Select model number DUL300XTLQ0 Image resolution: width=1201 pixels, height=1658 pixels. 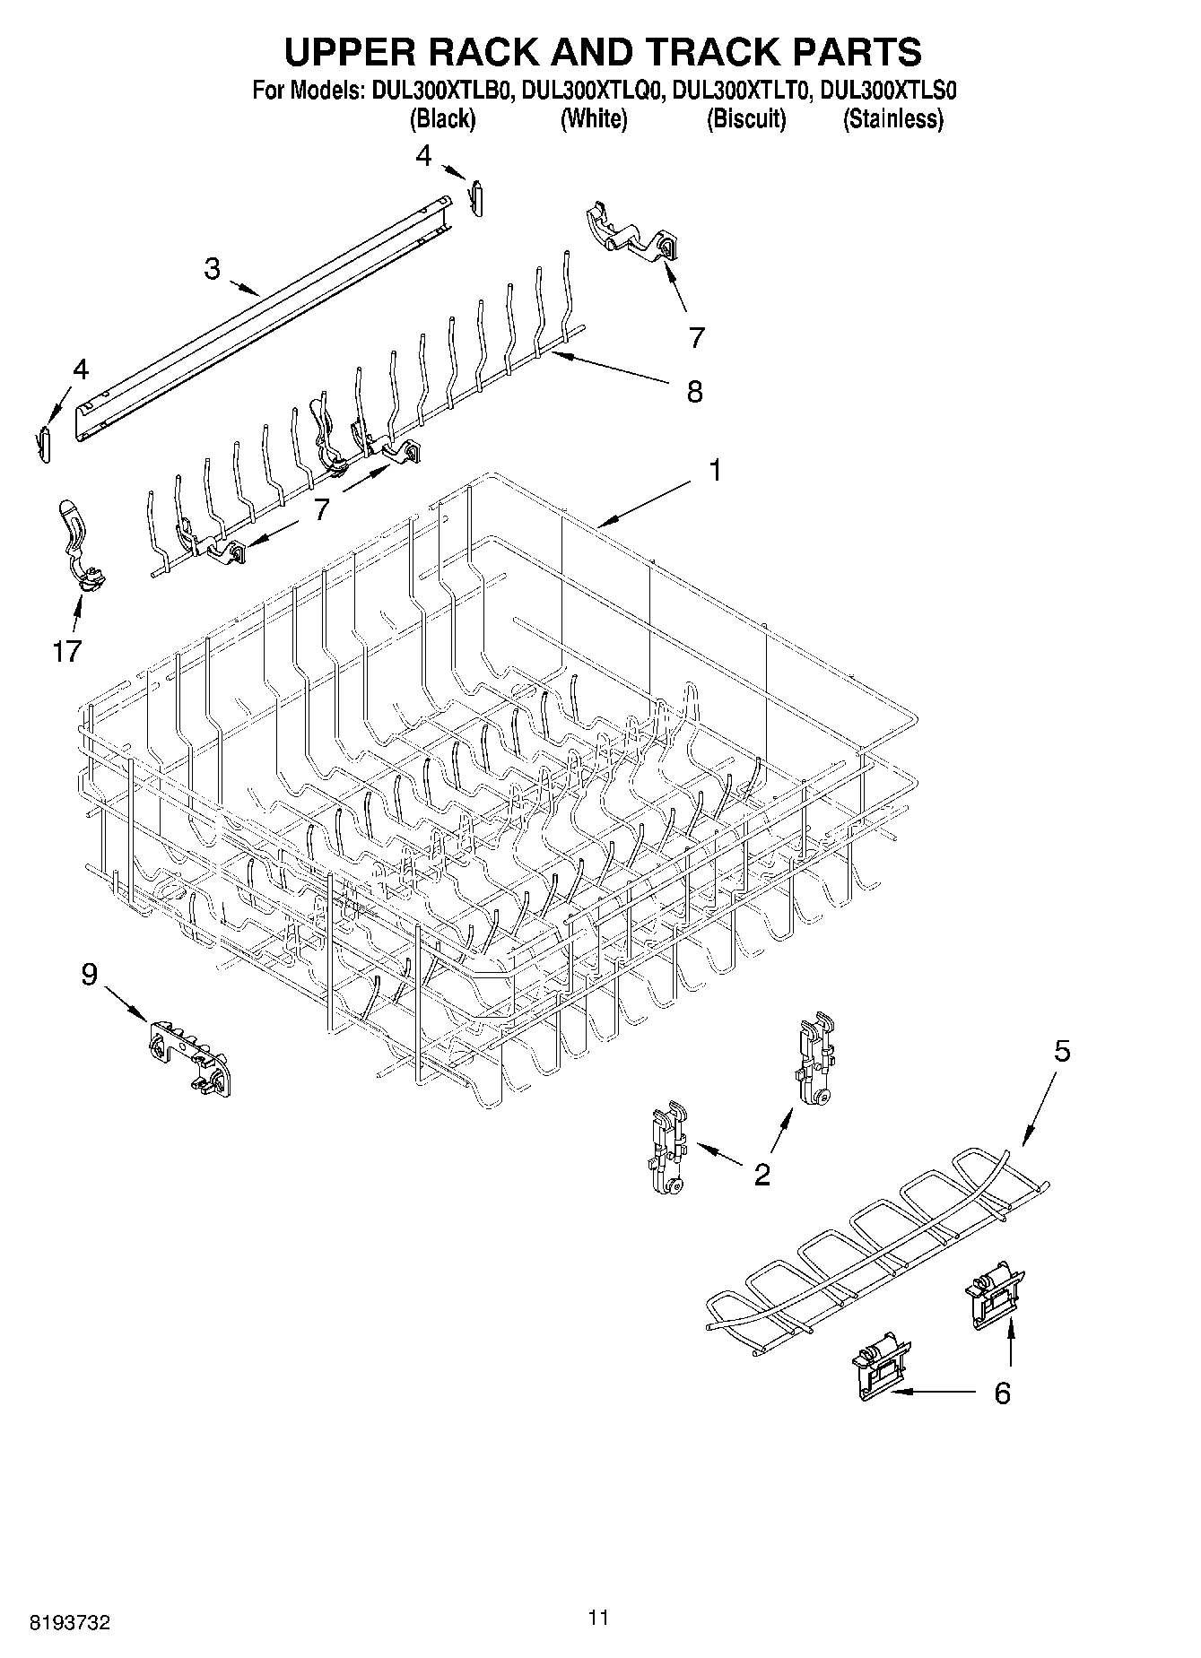click(592, 91)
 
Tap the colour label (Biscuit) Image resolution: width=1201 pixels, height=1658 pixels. click(746, 119)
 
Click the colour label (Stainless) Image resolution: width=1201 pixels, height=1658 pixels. click(892, 119)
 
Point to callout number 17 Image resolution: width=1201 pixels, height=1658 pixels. click(66, 651)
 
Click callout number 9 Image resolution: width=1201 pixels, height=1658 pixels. click(89, 975)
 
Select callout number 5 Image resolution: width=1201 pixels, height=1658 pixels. click(1061, 1051)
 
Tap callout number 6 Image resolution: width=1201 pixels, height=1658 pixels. click(1002, 1393)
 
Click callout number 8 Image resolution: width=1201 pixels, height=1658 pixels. click(694, 392)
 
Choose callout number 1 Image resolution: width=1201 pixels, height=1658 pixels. click(715, 470)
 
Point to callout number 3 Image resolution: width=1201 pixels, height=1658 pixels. click(212, 268)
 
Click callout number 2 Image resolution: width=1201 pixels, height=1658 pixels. click(762, 1174)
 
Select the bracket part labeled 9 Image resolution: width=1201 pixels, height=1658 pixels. click(187, 1057)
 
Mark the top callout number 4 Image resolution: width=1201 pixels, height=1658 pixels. click(423, 156)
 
